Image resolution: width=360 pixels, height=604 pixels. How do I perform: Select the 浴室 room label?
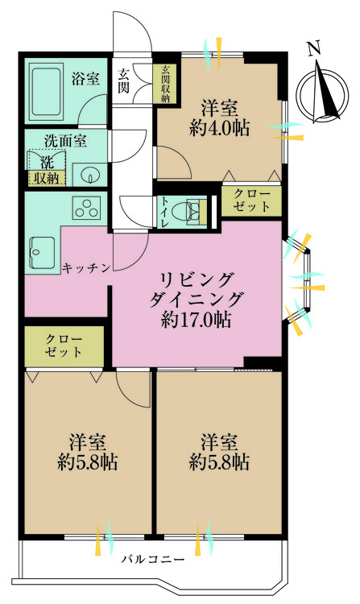(85, 79)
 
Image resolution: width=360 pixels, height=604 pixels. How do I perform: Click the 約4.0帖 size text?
(219, 126)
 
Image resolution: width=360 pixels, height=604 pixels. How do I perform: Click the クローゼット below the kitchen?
(64, 345)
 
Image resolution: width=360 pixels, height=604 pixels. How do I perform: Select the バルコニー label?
(153, 558)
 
